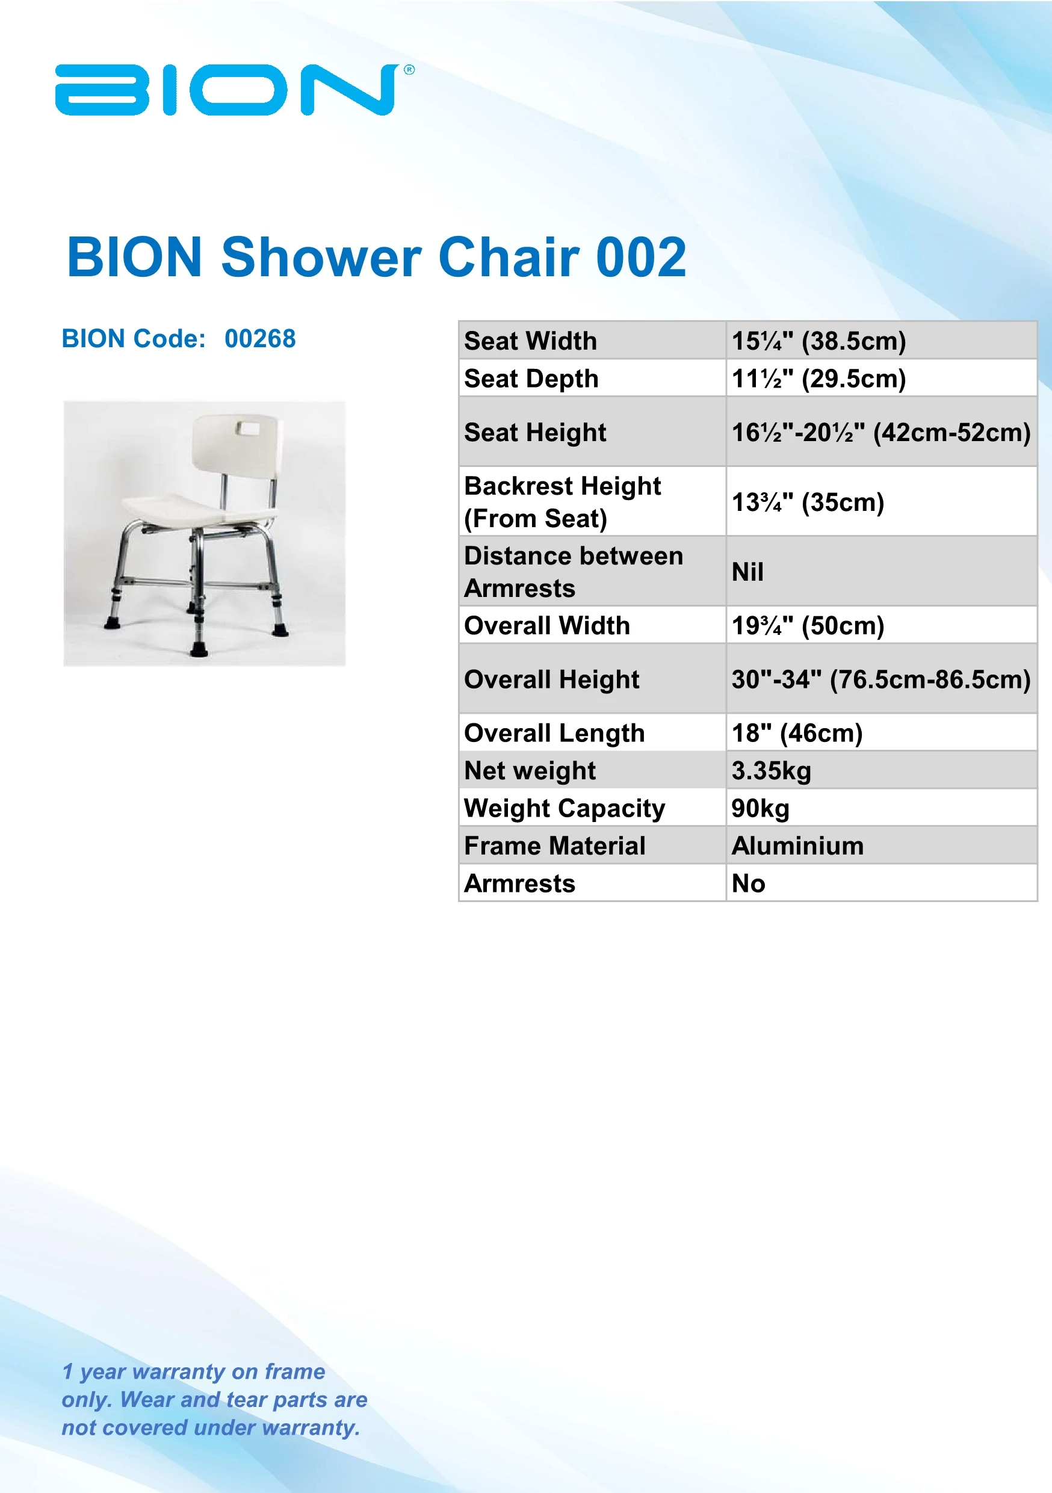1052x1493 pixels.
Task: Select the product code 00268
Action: (260, 339)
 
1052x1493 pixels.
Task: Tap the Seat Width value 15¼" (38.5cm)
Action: (818, 341)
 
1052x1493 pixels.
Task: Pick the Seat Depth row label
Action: (531, 379)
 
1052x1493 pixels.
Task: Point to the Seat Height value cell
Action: (880, 433)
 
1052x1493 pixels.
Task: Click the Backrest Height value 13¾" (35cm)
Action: (808, 502)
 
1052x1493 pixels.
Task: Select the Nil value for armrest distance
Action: (747, 572)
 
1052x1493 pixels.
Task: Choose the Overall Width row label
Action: (547, 626)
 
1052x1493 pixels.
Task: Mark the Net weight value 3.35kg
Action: (771, 770)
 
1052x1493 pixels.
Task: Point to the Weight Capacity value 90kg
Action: (760, 808)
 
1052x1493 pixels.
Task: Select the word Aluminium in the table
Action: (797, 846)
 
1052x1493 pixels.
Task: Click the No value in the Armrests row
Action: (747, 884)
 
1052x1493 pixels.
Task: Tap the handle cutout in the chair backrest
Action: (249, 428)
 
